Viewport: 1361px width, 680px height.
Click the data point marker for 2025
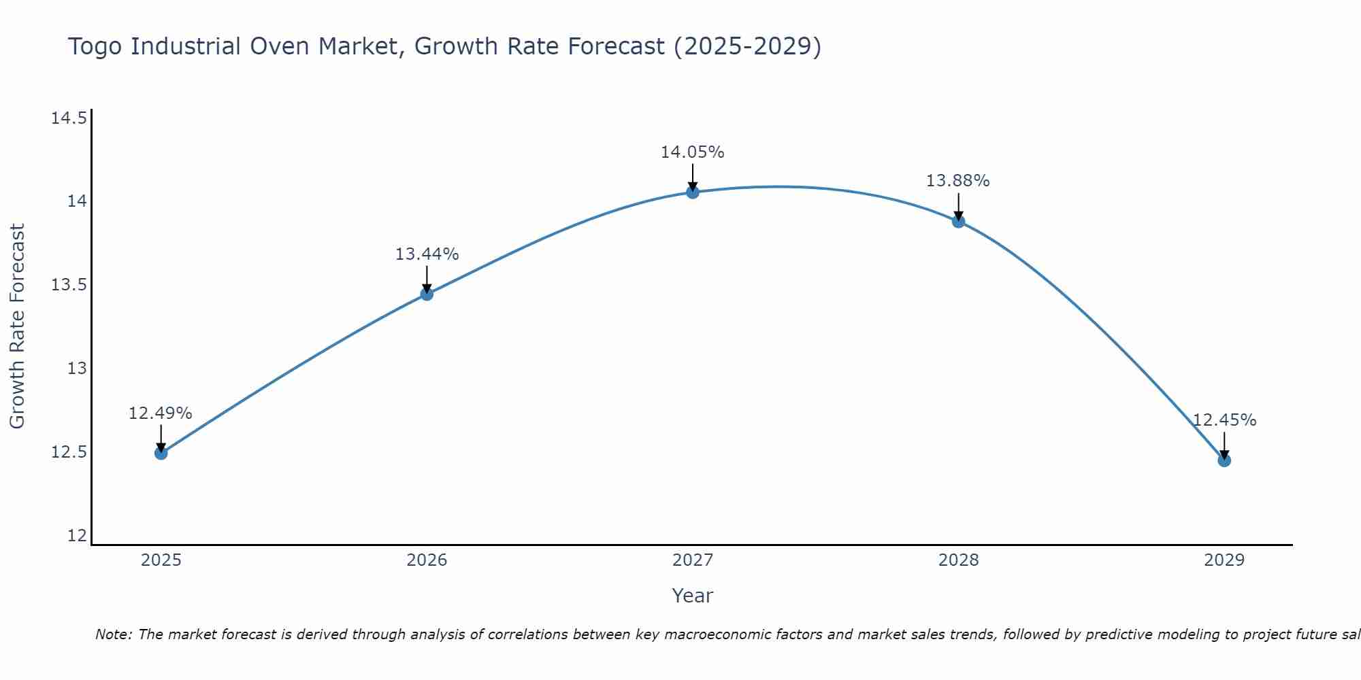tap(161, 453)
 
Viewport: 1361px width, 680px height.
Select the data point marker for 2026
tap(427, 294)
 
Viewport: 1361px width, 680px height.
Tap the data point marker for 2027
tap(693, 192)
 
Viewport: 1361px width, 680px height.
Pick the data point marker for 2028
tap(958, 221)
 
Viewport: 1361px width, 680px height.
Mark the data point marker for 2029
tap(1224, 460)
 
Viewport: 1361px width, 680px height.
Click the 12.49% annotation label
tap(161, 413)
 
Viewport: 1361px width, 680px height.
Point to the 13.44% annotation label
tap(427, 254)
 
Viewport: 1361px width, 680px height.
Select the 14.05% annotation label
tap(693, 152)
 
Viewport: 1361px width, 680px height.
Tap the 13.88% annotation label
tap(958, 181)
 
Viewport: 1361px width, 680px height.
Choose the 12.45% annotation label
tap(1224, 420)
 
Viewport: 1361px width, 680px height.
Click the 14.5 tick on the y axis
tap(69, 118)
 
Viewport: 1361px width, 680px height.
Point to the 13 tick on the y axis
tap(77, 369)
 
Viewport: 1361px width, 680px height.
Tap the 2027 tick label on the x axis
tap(693, 560)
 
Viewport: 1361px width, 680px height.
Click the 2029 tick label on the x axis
tap(1224, 560)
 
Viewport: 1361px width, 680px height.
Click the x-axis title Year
tap(693, 596)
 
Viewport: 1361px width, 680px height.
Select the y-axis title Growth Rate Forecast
tap(17, 326)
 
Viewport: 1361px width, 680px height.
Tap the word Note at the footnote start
tap(113, 634)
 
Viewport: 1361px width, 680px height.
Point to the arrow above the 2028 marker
tap(958, 206)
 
